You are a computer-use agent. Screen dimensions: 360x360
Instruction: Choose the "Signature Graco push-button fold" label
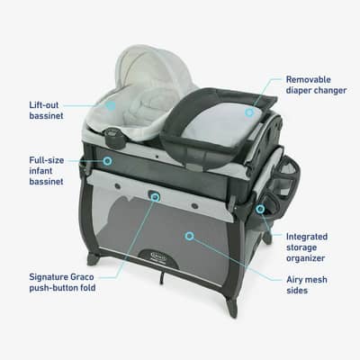click(x=62, y=282)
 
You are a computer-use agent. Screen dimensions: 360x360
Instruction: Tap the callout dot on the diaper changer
click(x=250, y=112)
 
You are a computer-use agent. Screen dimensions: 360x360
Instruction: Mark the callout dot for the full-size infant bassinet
click(x=107, y=161)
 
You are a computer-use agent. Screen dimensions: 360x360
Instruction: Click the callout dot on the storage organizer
click(x=260, y=209)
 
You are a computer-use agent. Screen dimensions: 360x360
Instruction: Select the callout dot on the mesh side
click(x=188, y=236)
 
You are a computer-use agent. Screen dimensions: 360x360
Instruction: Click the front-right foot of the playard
click(x=232, y=310)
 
